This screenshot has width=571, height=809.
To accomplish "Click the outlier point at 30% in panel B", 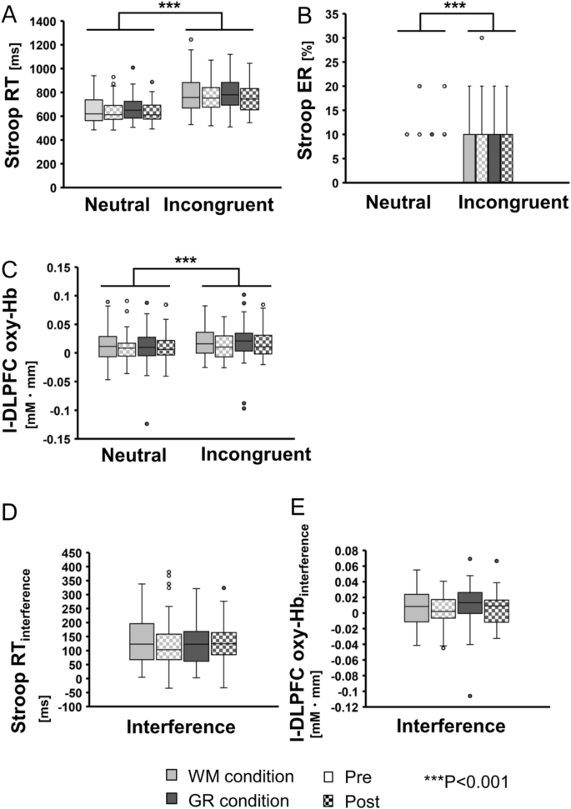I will (x=481, y=37).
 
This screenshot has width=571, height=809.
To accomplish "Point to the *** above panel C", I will (x=186, y=261).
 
